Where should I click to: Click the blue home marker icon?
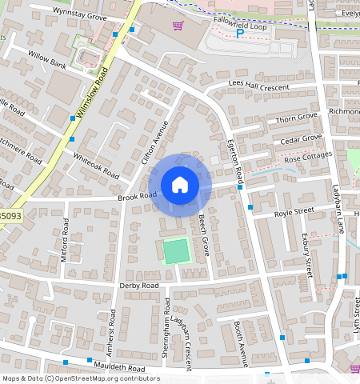[x=180, y=186]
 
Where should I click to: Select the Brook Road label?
[x=137, y=195]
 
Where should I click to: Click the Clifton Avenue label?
[x=157, y=143]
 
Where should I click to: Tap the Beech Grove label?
[x=204, y=229]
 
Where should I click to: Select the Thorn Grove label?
[x=297, y=117]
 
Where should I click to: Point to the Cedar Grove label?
[x=300, y=141]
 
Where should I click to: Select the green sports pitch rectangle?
[x=174, y=251]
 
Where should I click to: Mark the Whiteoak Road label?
[x=96, y=166]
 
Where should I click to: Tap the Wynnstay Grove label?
[x=80, y=14]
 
